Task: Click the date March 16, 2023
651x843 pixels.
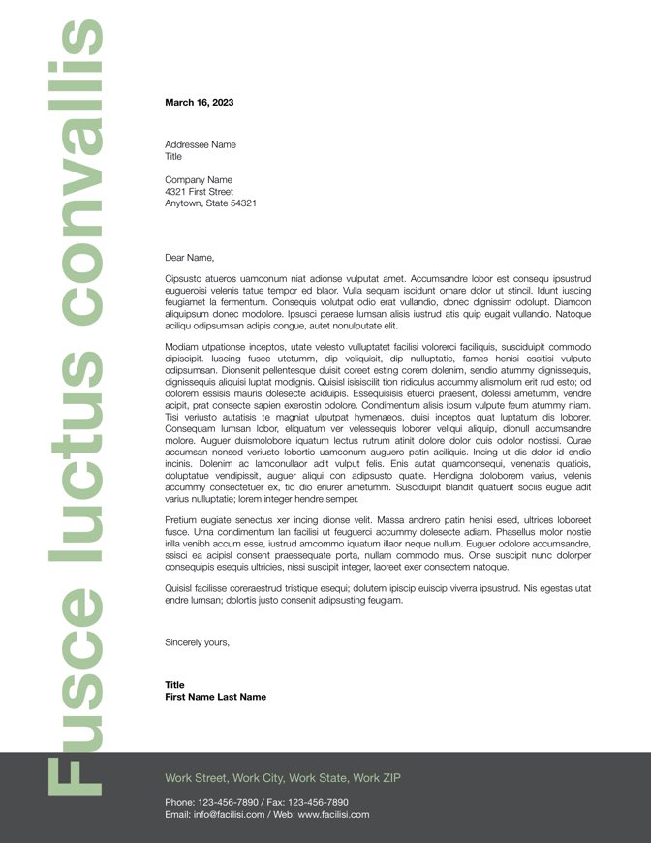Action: [199, 102]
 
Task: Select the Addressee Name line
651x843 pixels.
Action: [200, 144]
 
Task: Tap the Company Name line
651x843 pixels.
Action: [199, 179]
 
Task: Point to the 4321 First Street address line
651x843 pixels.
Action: [199, 192]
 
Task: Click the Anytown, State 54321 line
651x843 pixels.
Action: [210, 203]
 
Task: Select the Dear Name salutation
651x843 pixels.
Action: [189, 258]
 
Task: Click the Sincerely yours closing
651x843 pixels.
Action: [198, 641]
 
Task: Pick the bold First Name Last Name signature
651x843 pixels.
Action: [215, 697]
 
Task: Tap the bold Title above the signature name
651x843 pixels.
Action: [174, 685]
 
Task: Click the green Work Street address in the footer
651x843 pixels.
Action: [282, 778]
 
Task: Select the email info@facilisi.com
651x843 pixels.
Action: [229, 815]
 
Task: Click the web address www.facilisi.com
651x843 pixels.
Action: [333, 815]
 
